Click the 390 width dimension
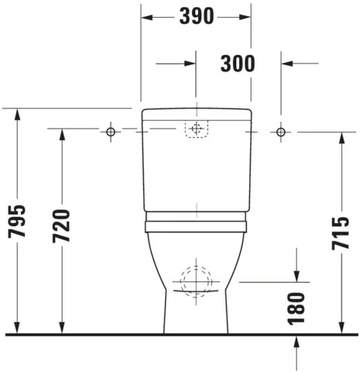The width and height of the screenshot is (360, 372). click(195, 16)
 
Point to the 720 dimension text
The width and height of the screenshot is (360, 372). click(61, 227)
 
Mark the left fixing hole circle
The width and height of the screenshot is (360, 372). click(111, 133)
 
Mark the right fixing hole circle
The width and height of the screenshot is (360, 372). click(280, 133)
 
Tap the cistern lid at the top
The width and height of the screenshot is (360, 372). click(196, 115)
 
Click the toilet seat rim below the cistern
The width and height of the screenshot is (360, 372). click(196, 225)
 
